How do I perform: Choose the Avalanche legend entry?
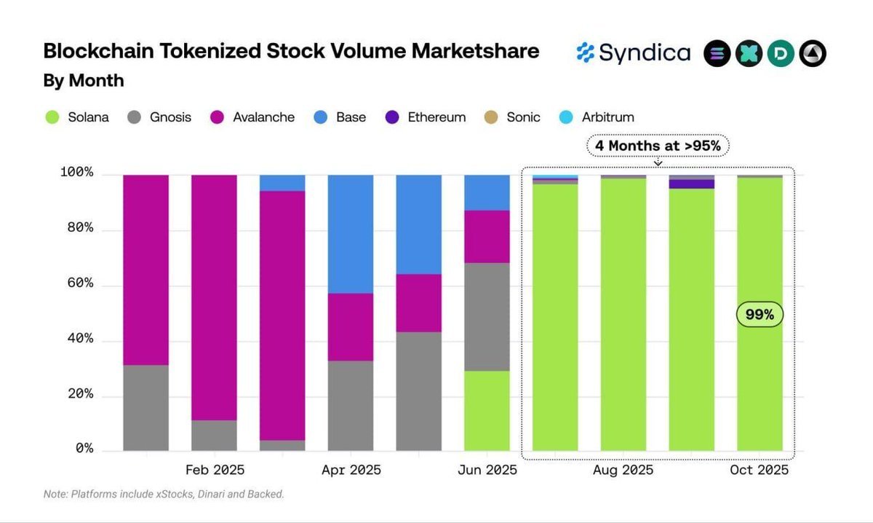[x=252, y=117]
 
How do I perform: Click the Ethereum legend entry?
[x=426, y=117]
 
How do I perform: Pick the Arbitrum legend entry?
[x=597, y=117]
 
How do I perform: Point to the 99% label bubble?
[x=760, y=315]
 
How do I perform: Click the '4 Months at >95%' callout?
[x=658, y=146]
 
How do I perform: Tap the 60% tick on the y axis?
[x=76, y=283]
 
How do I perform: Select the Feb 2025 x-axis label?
[x=215, y=471]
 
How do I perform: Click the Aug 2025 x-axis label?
[x=623, y=471]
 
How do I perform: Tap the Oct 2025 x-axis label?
[x=759, y=471]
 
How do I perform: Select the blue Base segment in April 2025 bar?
[x=351, y=234]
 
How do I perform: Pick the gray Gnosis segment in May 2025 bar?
[x=418, y=391]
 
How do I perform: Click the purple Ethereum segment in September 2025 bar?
[x=691, y=184]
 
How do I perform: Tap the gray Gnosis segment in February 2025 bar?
[x=214, y=435]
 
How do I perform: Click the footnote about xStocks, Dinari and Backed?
[x=164, y=495]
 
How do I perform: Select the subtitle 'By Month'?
[x=83, y=81]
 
